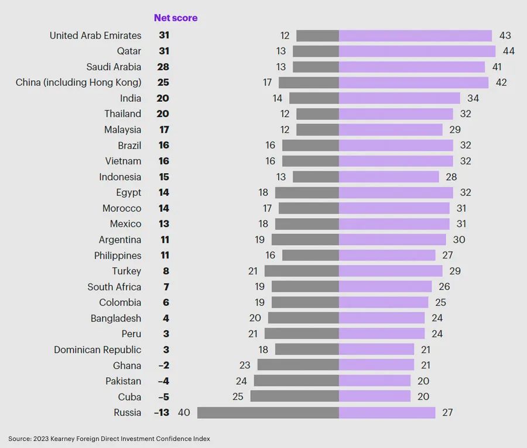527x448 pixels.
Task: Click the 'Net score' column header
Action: [x=176, y=18]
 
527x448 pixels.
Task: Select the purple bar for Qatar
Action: [x=417, y=51]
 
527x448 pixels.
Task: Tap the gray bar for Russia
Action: [x=268, y=413]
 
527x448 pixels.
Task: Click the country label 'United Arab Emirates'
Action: [x=95, y=36]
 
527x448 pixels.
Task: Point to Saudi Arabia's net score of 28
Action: [x=163, y=67]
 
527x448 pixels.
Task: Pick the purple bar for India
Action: [x=399, y=98]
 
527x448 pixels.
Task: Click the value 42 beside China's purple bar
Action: [x=501, y=82]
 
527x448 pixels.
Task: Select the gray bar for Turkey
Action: [x=302, y=271]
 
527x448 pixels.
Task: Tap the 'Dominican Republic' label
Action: [x=98, y=350]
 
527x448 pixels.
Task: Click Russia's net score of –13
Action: [x=161, y=413]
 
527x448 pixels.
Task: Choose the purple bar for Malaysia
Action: [x=391, y=130]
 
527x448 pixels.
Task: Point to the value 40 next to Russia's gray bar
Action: [x=184, y=413]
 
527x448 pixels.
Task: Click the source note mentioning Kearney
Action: [x=109, y=439]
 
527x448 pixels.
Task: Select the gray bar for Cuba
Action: [x=295, y=397]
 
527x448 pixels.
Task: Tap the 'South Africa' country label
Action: [x=114, y=287]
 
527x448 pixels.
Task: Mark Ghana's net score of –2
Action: [x=163, y=366]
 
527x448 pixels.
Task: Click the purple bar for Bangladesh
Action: [x=382, y=318]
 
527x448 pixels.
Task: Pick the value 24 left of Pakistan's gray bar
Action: [x=241, y=381]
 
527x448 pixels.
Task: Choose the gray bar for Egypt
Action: [x=307, y=192]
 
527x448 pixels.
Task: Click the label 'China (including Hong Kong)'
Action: [x=78, y=82]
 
